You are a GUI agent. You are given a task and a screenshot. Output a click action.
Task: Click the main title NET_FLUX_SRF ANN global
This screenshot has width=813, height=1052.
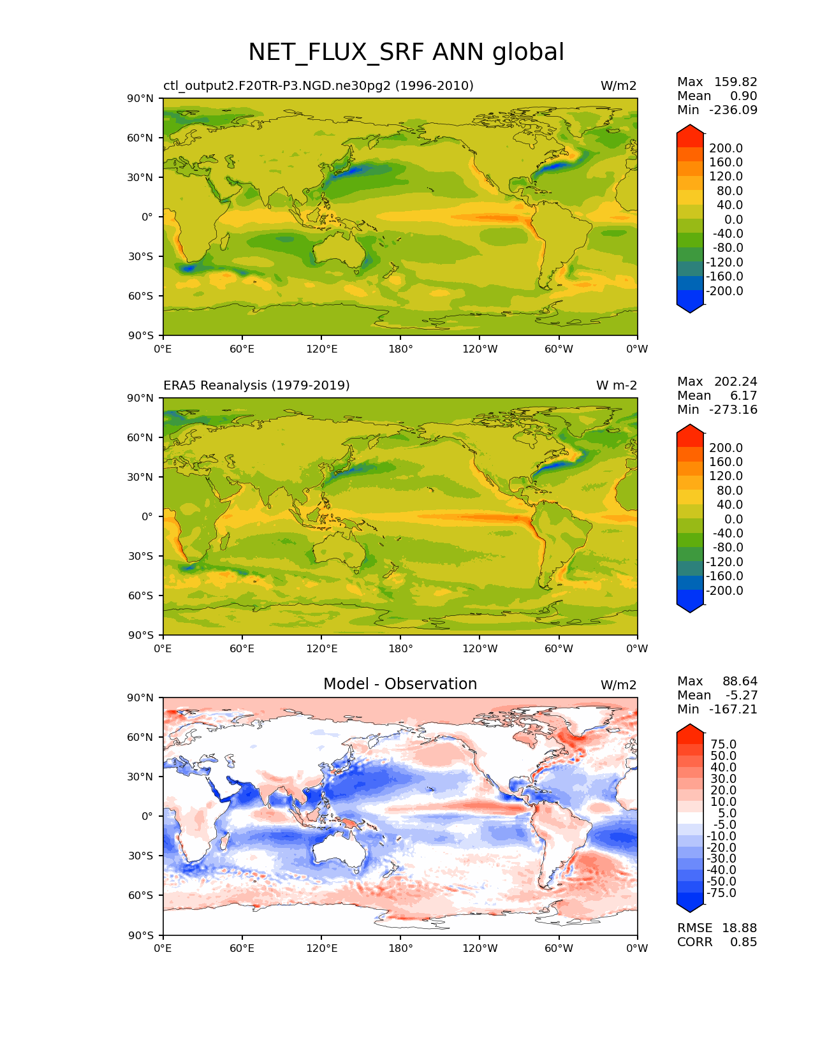pos(406,52)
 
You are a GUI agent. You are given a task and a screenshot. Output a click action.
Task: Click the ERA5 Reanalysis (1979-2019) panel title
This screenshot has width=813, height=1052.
pos(256,386)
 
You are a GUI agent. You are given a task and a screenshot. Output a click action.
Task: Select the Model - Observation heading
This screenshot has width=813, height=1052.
pos(400,684)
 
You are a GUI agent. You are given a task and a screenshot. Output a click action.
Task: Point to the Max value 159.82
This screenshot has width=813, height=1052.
pos(735,82)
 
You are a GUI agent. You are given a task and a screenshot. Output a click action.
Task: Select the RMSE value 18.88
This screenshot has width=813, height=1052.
pos(739,928)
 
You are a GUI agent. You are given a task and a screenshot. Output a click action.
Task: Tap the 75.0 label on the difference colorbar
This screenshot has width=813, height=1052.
pos(724,745)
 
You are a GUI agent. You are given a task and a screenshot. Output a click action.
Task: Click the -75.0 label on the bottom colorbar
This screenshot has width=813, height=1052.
pos(722,893)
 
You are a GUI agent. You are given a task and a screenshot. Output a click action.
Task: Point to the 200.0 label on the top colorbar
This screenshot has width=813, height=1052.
pos(726,149)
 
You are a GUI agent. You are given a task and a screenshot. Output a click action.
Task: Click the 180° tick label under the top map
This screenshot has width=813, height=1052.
pos(400,349)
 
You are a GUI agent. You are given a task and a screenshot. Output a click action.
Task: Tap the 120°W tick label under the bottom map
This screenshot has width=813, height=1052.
pos(480,949)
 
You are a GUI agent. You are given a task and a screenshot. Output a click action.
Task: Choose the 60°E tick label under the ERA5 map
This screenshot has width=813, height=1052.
pos(242,649)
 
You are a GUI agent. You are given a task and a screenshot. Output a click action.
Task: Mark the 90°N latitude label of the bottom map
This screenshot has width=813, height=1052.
pos(141,698)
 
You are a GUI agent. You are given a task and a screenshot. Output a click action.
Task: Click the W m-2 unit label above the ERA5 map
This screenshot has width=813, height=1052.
pos(616,386)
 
